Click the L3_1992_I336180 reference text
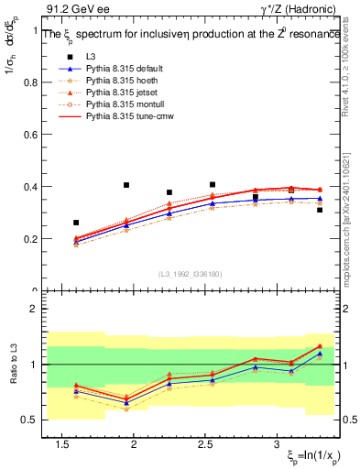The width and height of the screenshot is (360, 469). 190,273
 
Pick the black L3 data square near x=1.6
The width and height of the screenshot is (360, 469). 76,223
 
